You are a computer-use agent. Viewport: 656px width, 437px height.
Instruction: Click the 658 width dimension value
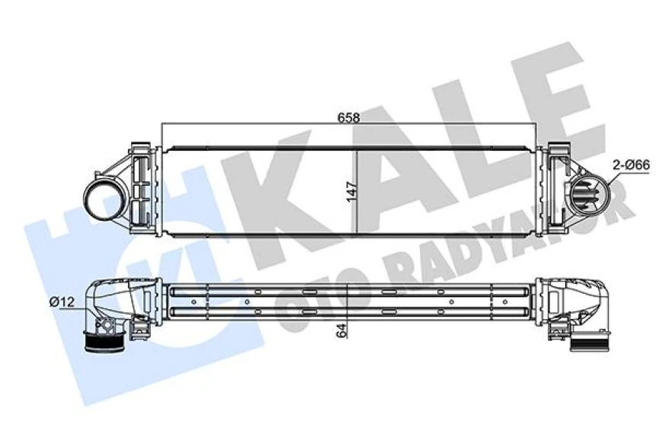(x=349, y=118)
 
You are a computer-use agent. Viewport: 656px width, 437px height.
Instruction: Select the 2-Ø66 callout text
(x=631, y=163)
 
